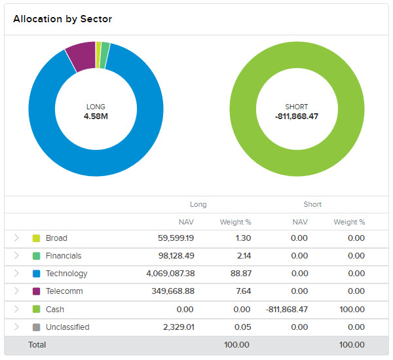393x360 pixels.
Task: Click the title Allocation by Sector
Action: [x=62, y=19]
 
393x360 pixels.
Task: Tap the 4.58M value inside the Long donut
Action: [x=96, y=117]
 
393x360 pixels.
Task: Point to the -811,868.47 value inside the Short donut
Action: [x=297, y=117]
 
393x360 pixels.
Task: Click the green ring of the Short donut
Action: [x=297, y=164]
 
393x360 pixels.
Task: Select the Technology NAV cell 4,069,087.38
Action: [x=170, y=274]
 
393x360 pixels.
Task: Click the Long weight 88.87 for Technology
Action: [x=242, y=274]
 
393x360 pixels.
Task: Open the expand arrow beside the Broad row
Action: [x=16, y=238]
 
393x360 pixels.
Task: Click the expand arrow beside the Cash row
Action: [x=16, y=309]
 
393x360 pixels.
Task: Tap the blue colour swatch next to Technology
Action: [x=36, y=274]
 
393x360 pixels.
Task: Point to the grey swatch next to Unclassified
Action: [x=36, y=327]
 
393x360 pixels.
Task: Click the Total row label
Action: [x=37, y=344]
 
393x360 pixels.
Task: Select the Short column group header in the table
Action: [x=312, y=204]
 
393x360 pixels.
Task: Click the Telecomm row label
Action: [x=64, y=291]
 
